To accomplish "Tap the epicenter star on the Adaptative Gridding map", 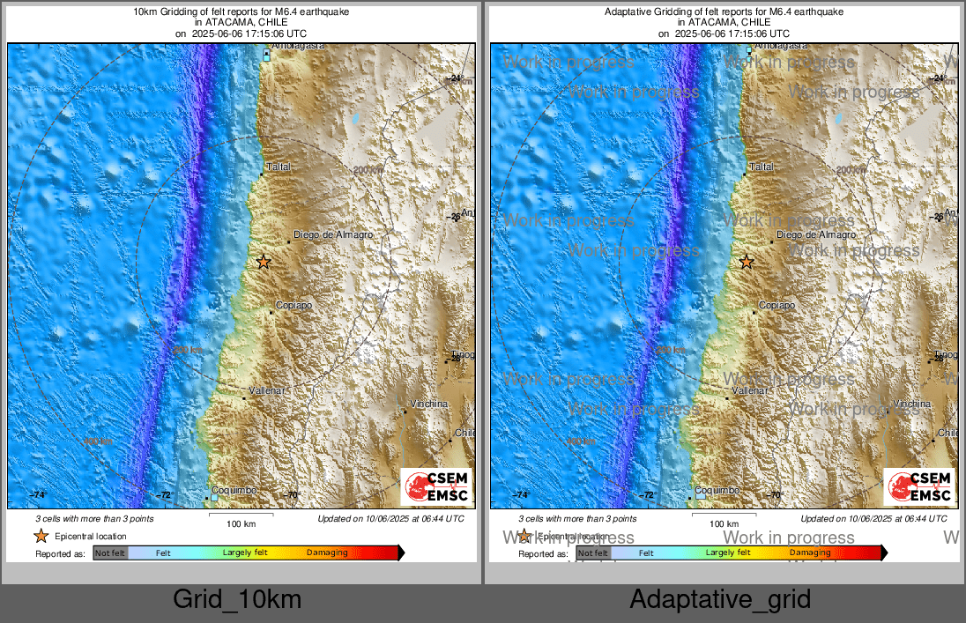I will coord(747,262).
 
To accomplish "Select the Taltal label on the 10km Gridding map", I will coord(279,167).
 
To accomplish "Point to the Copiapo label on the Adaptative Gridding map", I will coord(777,305).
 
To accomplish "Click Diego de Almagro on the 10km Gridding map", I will coord(333,235).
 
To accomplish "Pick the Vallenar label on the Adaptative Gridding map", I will coord(749,389).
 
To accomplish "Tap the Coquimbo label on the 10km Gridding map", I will coord(236,490).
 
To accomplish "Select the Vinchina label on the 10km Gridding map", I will coord(429,404).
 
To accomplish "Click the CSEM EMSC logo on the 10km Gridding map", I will coord(436,487).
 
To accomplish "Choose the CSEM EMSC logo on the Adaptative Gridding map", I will coord(919,487).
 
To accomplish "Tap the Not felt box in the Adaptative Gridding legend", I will coord(593,553).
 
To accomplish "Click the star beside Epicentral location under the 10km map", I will coord(41,536).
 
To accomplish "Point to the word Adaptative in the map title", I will coord(627,12).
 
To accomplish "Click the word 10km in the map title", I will coord(143,12).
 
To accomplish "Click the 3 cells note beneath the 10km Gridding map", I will coord(94,519).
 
